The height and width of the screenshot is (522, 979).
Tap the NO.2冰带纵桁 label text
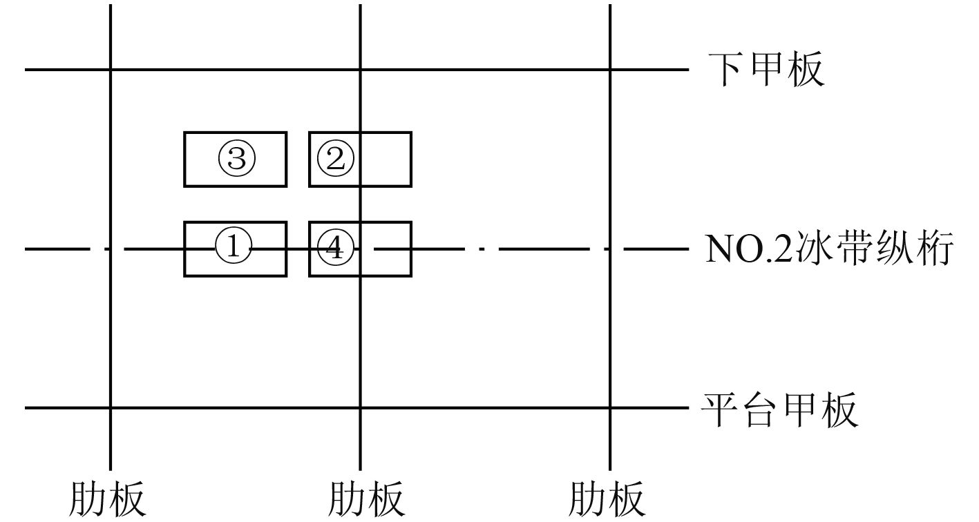829,249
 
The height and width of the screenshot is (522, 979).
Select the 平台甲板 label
780,409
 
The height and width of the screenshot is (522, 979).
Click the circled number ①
234,248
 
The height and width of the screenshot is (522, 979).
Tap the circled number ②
335,159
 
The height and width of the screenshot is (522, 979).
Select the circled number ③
237,159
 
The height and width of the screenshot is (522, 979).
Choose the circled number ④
334,249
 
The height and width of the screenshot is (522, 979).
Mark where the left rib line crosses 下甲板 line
111,70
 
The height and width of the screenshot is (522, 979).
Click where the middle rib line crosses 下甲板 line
360,70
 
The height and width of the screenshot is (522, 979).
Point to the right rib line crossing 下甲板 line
610,70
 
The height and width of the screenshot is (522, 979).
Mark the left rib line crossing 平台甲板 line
111,408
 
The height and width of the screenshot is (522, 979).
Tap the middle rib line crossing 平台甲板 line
360,408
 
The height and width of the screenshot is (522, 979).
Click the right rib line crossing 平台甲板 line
610,408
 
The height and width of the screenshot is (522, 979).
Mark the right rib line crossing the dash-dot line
610,249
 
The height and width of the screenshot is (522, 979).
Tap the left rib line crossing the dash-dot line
111,249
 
